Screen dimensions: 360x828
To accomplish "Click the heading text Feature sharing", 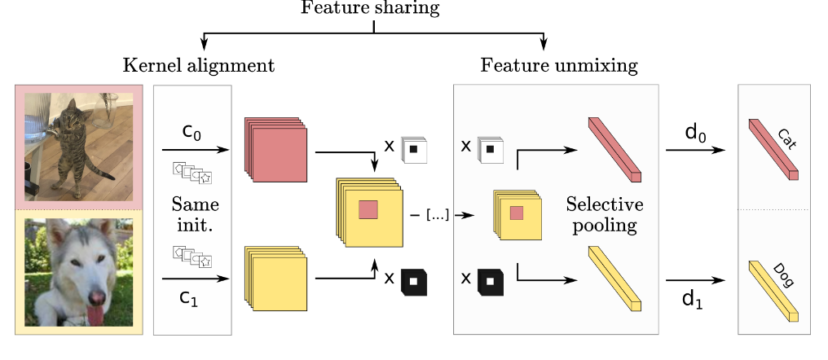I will coord(370,9).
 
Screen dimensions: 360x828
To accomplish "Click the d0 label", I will coord(694,133).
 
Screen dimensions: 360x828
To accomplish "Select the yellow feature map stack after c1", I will coord(274,281).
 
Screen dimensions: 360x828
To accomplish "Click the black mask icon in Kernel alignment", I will coord(414,281).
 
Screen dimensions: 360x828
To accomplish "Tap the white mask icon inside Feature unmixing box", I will coord(490,150).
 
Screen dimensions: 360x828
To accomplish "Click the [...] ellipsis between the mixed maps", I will coord(437,215).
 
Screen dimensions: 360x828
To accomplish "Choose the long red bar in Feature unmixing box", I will coord(614,149).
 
